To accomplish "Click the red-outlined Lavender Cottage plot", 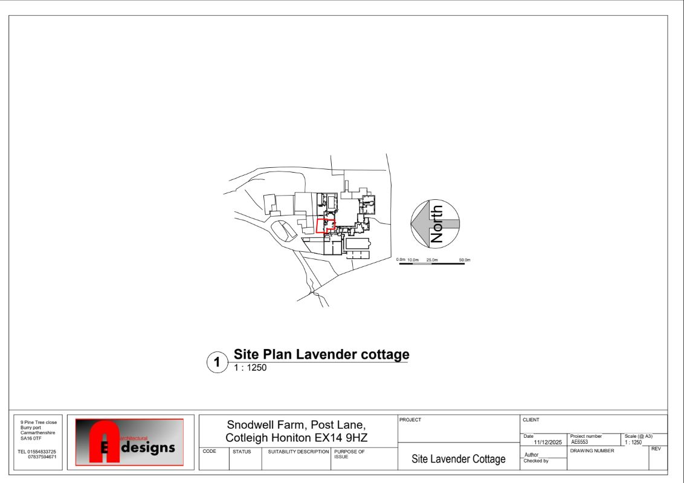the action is point(324,226).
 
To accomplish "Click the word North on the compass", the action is point(437,224).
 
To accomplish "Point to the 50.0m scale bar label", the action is point(464,260).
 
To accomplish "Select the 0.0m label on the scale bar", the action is point(401,260).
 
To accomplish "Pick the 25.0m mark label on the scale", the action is point(432,260).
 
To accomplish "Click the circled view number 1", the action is point(217,363).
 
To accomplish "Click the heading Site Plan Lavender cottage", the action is point(321,354).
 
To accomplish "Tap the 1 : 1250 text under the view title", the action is point(250,368).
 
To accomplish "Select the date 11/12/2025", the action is point(544,443).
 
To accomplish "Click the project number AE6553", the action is point(579,442).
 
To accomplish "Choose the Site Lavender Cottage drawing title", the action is point(458,459).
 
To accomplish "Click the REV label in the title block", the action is point(656,449).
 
